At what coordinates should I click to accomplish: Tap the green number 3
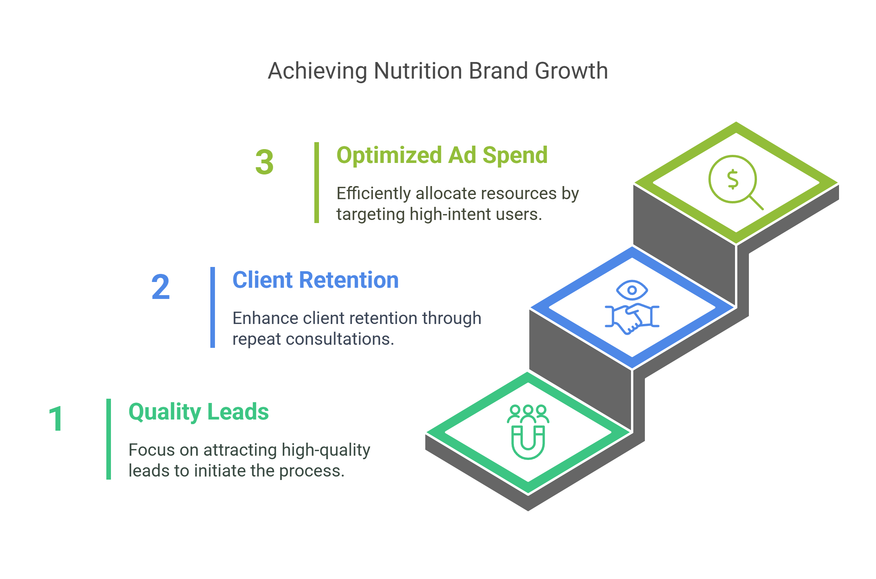(x=264, y=162)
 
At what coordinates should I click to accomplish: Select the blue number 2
(x=160, y=287)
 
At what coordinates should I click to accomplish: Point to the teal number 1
(x=56, y=419)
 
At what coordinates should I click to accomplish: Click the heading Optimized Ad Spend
(x=442, y=155)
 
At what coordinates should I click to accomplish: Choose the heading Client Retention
(x=315, y=280)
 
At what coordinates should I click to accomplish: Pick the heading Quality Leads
(x=198, y=412)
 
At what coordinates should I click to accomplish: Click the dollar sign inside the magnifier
(x=732, y=179)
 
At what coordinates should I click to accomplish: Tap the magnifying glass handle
(x=756, y=203)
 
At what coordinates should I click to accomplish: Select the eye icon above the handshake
(x=632, y=290)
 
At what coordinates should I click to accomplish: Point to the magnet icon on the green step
(x=528, y=442)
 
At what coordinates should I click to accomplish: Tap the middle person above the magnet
(x=528, y=411)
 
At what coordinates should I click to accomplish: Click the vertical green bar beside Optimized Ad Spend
(x=316, y=183)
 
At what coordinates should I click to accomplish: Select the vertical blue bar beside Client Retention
(x=212, y=307)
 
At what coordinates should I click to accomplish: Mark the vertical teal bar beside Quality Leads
(x=108, y=439)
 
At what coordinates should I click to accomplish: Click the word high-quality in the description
(x=326, y=450)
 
